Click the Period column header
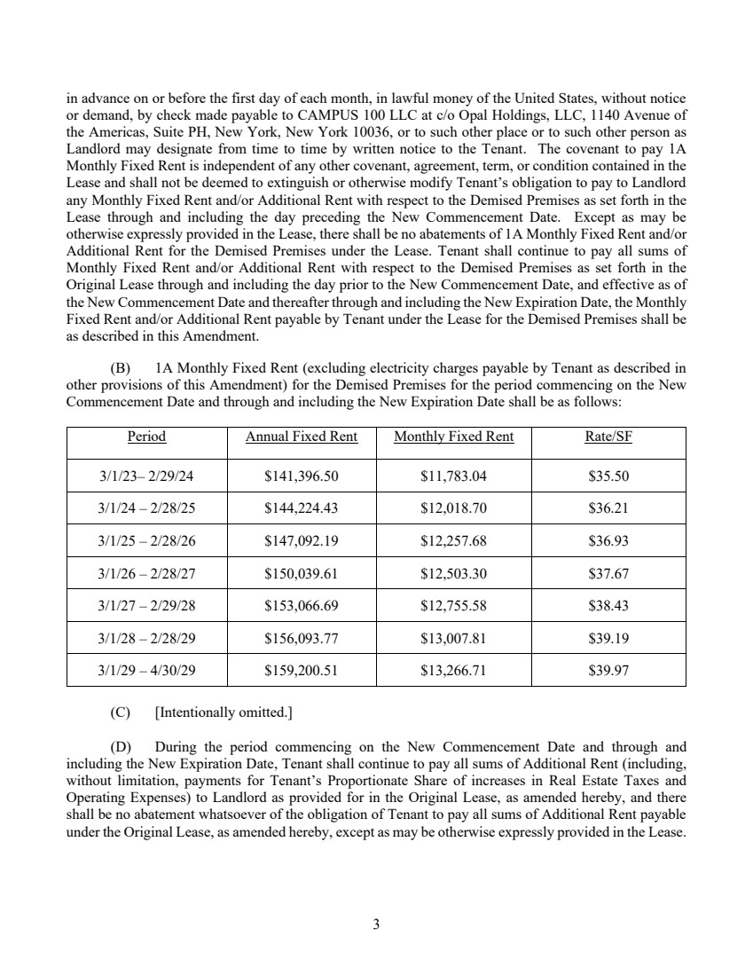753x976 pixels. click(146, 437)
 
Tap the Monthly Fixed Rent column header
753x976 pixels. click(453, 437)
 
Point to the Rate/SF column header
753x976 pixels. click(608, 437)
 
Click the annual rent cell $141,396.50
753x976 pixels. click(302, 476)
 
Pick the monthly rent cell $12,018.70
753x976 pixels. click(453, 508)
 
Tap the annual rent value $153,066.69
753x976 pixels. click(302, 606)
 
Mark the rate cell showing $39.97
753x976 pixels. click(608, 671)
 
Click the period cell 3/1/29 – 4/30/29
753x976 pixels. click(146, 671)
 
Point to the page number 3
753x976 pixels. click(376, 925)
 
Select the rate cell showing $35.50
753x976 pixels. click(608, 476)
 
